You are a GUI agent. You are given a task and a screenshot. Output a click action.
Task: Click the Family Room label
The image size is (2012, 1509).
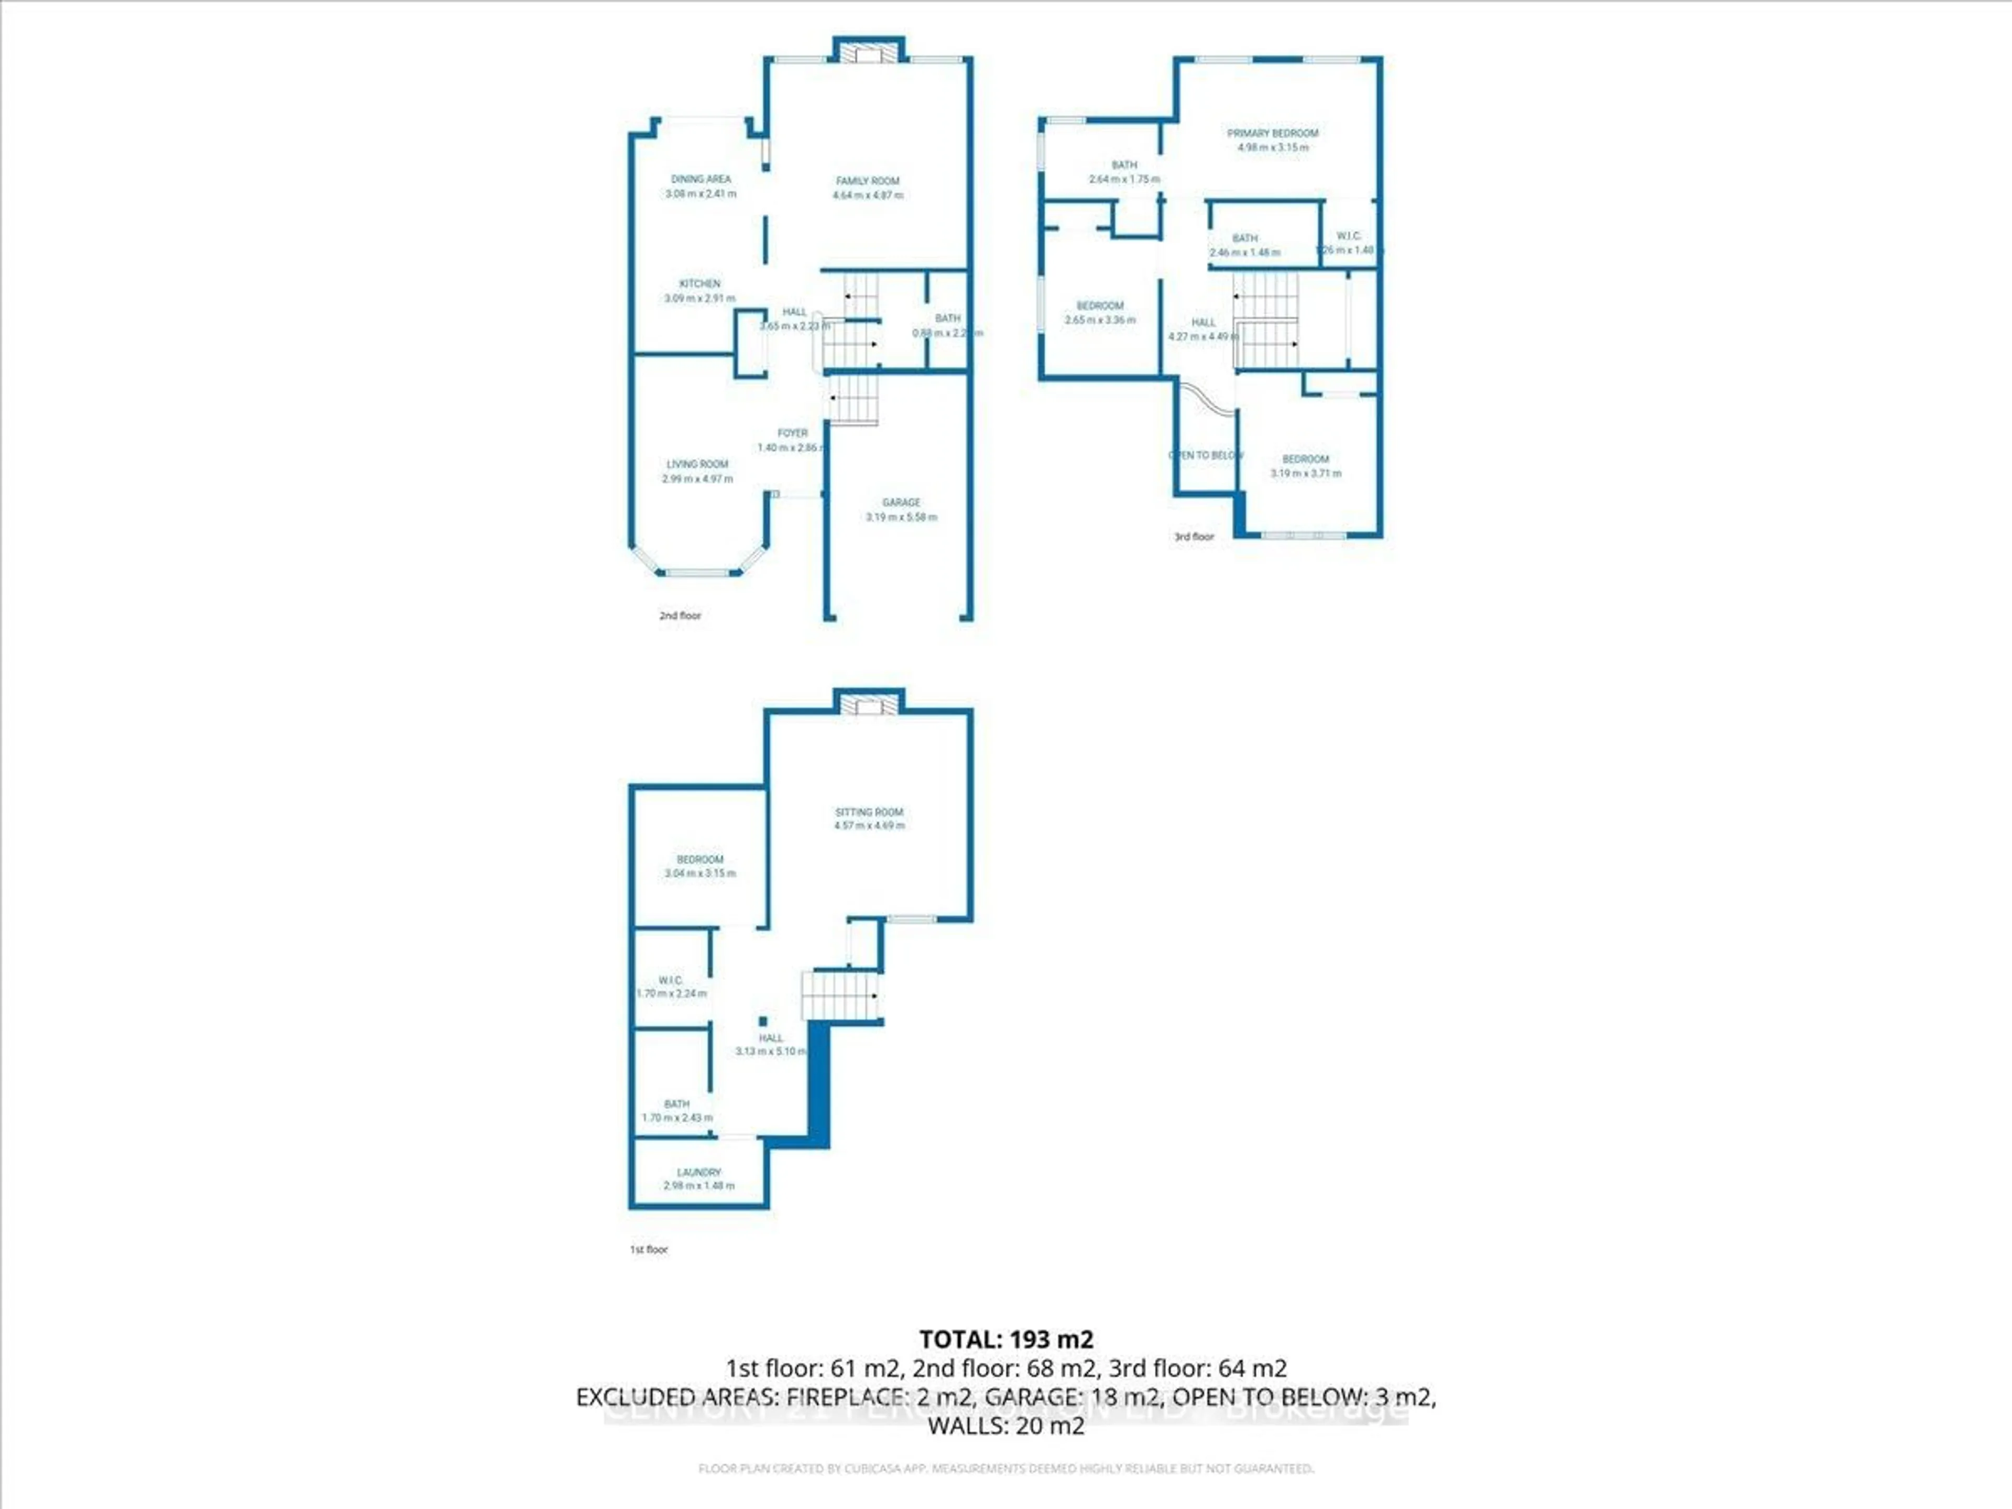[x=868, y=181]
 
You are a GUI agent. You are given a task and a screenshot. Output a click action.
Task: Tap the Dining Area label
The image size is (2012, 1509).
[x=701, y=179]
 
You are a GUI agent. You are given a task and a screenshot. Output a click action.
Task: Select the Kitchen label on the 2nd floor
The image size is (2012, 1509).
[x=699, y=284]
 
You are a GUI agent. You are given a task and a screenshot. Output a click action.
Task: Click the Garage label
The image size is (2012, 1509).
[x=901, y=502]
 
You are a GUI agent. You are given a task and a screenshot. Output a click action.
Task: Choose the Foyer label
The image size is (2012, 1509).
[x=792, y=433]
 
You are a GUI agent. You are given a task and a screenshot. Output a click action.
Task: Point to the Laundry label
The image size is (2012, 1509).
[x=698, y=1173]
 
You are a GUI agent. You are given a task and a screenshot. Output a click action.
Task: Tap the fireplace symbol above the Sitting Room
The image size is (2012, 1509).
[x=869, y=705]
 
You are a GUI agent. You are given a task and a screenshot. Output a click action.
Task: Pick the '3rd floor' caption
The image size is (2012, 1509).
[x=1194, y=537]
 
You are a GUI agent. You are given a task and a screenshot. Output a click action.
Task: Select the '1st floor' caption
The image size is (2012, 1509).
[x=649, y=1250]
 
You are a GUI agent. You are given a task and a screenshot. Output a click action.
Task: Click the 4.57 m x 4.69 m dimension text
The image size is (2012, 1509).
[x=869, y=826]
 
